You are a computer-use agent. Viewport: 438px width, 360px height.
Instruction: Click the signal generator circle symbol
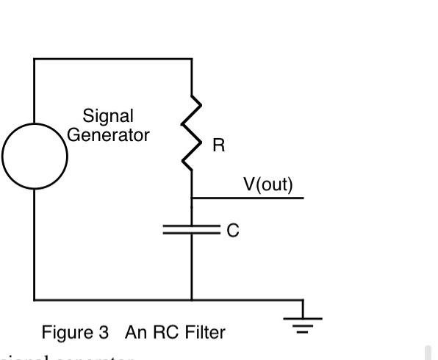[x=35, y=156]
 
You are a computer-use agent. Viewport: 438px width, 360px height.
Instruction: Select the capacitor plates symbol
[x=192, y=230]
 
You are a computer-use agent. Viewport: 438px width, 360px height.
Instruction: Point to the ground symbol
[x=303, y=322]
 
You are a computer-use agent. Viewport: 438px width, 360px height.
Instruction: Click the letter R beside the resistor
[x=218, y=145]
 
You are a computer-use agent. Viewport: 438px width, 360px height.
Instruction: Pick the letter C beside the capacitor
[x=232, y=231]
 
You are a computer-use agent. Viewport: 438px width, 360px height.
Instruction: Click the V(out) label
[x=268, y=184]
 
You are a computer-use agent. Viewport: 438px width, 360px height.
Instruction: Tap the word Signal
[x=108, y=116]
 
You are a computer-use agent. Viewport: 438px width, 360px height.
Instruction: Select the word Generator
[x=108, y=135]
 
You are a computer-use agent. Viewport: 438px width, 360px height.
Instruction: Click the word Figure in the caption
[x=64, y=332]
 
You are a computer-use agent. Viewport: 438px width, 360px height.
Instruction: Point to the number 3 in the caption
[x=103, y=332]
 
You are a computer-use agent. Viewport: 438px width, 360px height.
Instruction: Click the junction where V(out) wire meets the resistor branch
[x=192, y=198]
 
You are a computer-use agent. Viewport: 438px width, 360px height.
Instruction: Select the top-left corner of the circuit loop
[x=35, y=59]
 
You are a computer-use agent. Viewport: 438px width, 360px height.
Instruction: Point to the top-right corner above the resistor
[x=192, y=59]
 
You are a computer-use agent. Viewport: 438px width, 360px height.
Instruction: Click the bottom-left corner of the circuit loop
[x=35, y=300]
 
